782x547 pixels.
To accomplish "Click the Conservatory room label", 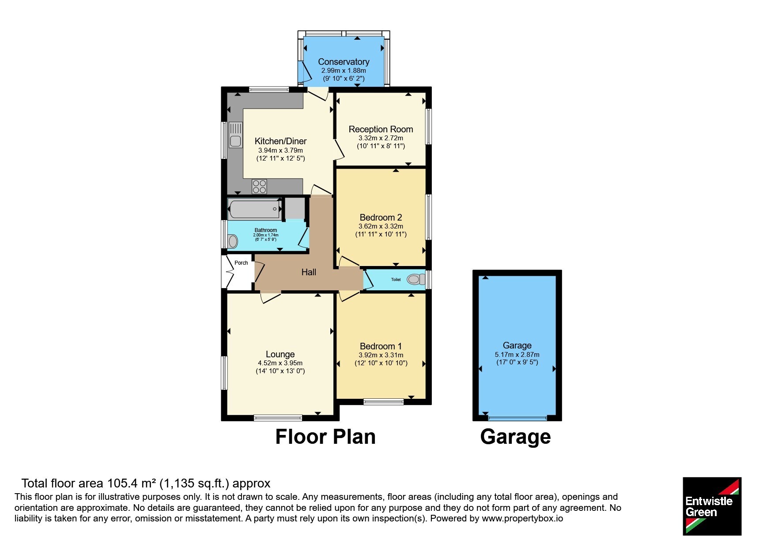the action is (344, 62).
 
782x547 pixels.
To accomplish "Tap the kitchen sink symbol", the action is (235, 135).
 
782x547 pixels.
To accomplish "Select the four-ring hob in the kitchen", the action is (259, 186).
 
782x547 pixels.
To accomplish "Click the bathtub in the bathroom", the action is (255, 209).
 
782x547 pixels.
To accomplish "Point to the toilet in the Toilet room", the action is (414, 279).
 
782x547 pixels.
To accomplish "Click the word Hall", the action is (309, 272).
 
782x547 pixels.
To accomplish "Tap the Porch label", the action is (241, 263).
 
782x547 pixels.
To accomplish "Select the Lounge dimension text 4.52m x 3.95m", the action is (280, 363).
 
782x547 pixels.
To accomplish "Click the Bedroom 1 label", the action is (381, 346).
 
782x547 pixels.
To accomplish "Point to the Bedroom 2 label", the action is (381, 217).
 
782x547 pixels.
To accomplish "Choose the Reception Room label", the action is (381, 129).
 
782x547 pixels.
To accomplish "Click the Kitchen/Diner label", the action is (280, 141).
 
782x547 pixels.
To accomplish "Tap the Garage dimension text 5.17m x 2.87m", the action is (517, 355).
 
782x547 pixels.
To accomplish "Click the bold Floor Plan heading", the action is (325, 437).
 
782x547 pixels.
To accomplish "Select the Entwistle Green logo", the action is (712, 506).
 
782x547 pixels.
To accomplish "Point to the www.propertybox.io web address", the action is (522, 518).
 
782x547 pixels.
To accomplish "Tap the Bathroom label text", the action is (266, 230).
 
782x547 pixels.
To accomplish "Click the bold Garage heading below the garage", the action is (515, 437).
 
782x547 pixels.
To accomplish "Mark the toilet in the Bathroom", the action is (233, 241).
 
